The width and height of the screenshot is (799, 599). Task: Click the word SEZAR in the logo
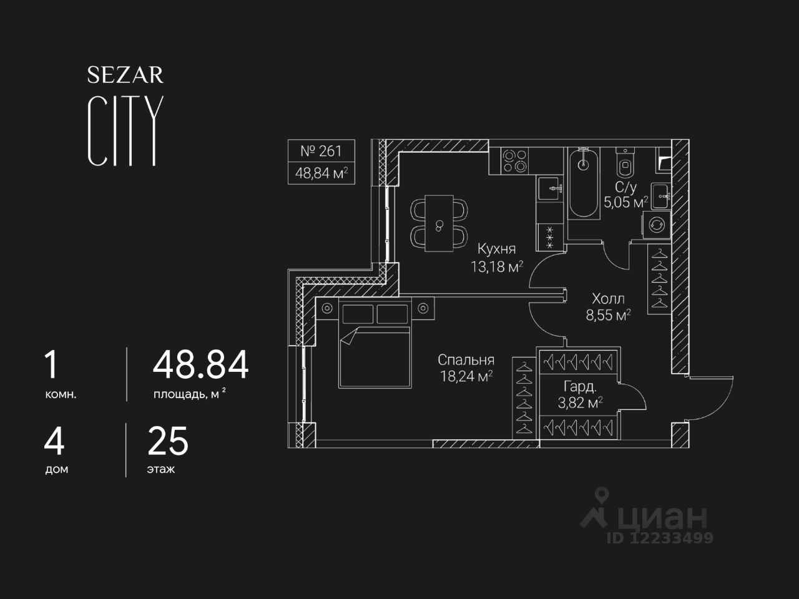coord(125,75)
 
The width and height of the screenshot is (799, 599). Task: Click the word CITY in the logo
coord(125,131)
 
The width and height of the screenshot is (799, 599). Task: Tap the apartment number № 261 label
coord(321,151)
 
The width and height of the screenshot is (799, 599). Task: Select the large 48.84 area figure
coord(200,365)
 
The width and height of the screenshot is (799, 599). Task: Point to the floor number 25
coord(167,441)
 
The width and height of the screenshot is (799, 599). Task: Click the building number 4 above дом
coord(54,441)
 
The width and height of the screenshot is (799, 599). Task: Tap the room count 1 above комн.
coord(51,365)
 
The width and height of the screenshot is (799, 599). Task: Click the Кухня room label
coord(496,249)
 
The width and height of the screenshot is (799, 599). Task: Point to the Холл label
coord(608,298)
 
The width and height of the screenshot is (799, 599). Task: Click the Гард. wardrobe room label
coord(580,386)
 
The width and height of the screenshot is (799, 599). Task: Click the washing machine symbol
coord(657,225)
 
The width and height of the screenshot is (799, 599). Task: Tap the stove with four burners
coord(516,160)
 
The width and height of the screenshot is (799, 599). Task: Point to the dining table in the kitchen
coord(439,223)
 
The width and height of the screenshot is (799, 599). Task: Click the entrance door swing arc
coord(712,399)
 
